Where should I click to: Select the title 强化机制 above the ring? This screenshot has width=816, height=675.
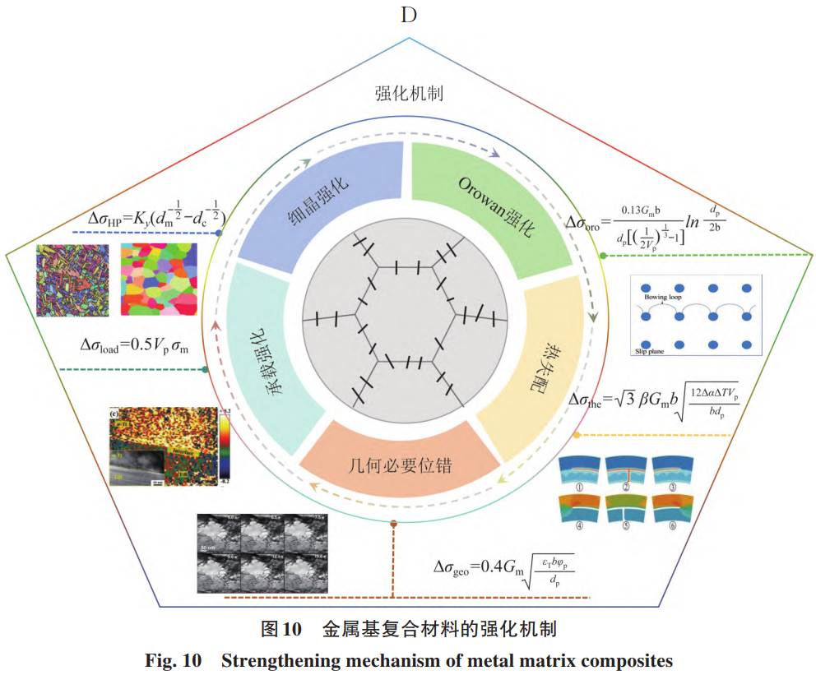pyautogui.click(x=409, y=93)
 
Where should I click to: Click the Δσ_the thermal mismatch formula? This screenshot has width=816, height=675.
pyautogui.click(x=655, y=400)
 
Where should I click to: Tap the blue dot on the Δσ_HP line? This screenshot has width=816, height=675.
pyautogui.click(x=219, y=233)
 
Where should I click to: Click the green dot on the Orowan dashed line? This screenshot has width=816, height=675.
pyautogui.click(x=603, y=256)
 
